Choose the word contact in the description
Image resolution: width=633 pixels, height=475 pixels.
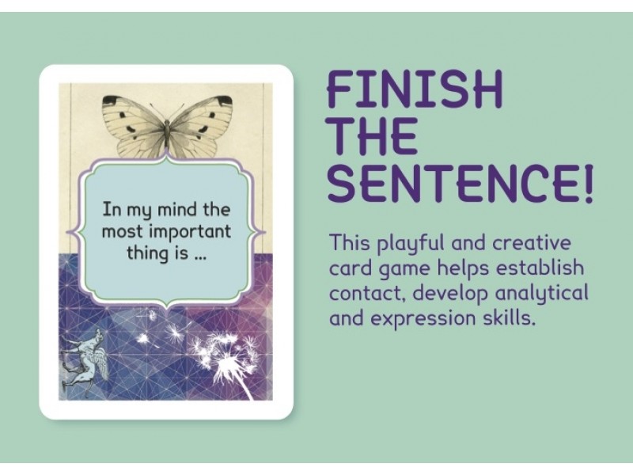tap(361, 294)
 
